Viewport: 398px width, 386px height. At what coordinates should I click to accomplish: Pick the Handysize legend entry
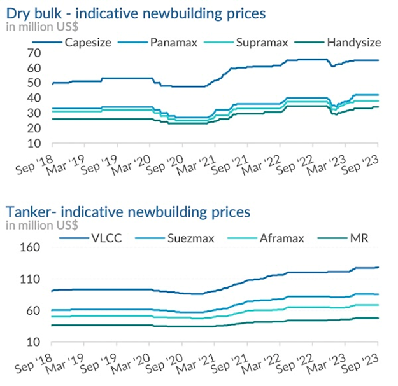pyautogui.click(x=354, y=42)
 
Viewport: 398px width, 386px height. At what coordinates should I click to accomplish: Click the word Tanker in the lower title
pyautogui.click(x=27, y=211)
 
